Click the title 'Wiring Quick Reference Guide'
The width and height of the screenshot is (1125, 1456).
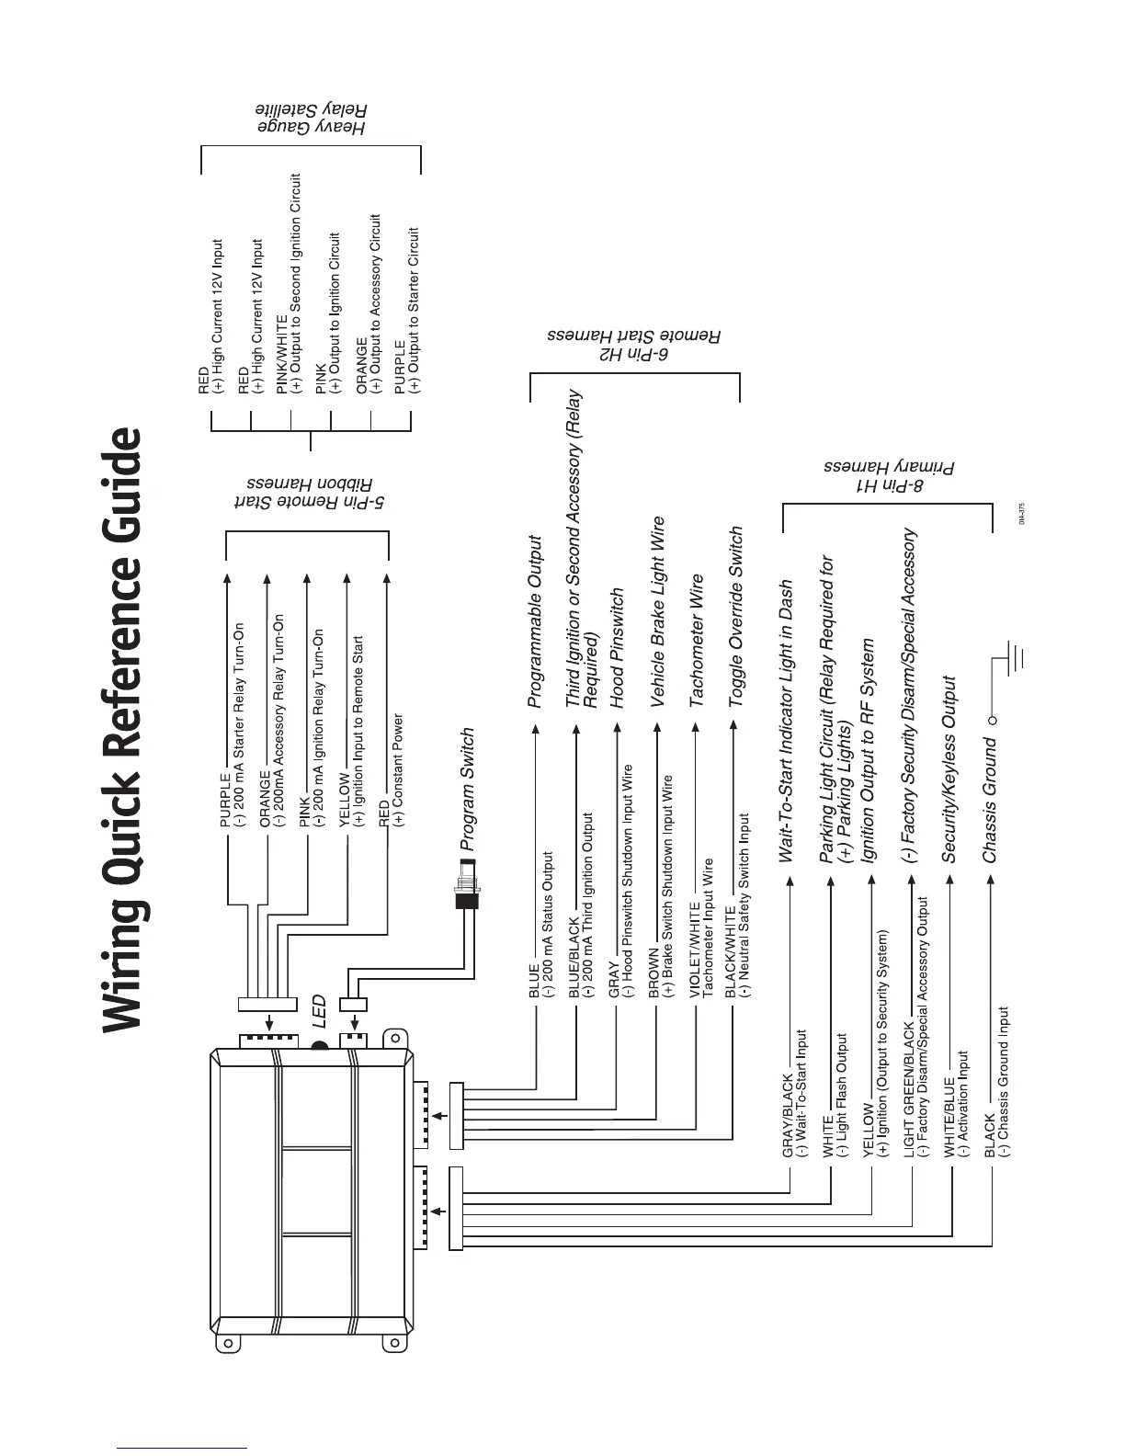click(x=124, y=731)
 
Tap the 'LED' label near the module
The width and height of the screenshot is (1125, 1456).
click(x=318, y=1011)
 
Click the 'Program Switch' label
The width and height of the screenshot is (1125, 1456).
click(x=467, y=789)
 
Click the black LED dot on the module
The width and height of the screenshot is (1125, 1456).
click(x=320, y=1046)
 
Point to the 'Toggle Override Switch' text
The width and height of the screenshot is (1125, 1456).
click(x=735, y=617)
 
